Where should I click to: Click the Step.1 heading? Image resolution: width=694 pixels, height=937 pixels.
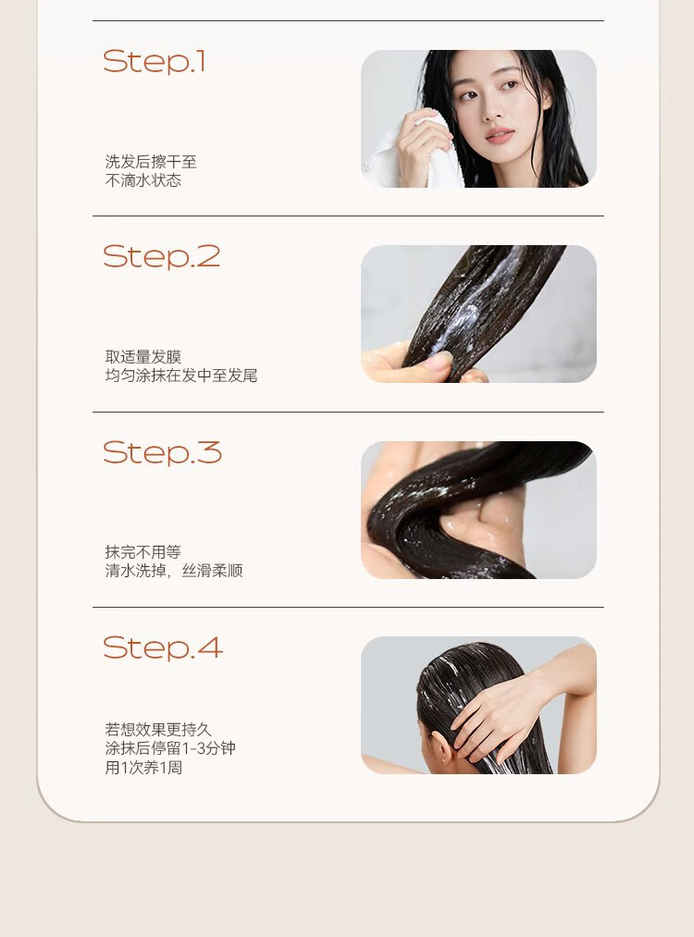(x=155, y=62)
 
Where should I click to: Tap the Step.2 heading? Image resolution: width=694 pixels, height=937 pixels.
(x=161, y=257)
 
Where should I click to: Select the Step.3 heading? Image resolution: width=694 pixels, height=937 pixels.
(x=162, y=452)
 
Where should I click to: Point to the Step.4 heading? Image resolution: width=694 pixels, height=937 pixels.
(x=163, y=647)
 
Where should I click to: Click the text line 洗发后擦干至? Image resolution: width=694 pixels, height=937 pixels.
(x=151, y=161)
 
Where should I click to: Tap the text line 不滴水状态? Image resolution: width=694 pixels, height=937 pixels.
(x=143, y=180)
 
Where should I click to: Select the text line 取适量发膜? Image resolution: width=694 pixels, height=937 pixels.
(x=143, y=357)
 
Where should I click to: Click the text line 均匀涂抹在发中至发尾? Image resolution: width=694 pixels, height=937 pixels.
(x=181, y=376)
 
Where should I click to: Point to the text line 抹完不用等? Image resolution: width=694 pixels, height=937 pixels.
(x=143, y=551)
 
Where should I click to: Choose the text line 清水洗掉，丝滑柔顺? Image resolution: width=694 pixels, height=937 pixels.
(x=174, y=571)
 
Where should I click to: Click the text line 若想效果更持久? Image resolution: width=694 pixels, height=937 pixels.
(x=158, y=729)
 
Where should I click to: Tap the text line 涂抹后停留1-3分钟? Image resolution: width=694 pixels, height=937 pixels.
(x=170, y=748)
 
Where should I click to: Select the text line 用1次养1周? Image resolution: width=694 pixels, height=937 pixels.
(x=143, y=768)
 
